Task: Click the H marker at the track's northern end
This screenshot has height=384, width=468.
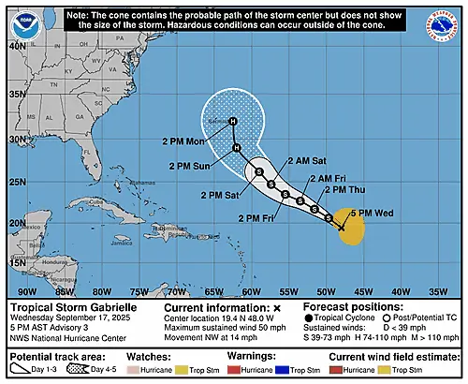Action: pos(233,121)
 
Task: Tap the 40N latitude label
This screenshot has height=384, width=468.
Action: pos(17,45)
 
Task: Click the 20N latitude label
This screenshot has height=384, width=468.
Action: pos(17,223)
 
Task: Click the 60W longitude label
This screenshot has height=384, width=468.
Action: pos(251,290)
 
